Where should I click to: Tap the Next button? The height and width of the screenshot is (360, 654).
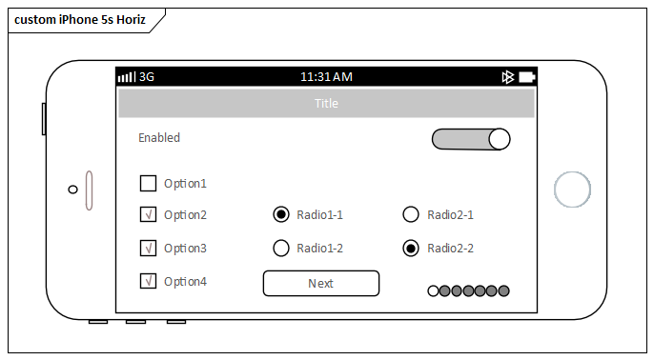[320, 283]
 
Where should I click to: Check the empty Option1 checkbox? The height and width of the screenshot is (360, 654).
[148, 183]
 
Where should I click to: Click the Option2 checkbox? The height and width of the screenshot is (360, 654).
[148, 214]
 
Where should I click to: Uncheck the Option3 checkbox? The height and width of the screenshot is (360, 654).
[148, 248]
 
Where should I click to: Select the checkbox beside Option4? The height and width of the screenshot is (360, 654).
[148, 281]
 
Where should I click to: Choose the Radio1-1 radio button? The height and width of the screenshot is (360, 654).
[281, 214]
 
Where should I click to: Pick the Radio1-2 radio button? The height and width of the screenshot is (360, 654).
[281, 248]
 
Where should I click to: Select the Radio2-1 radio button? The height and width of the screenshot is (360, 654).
[411, 214]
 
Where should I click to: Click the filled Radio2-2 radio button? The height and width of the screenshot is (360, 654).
[411, 248]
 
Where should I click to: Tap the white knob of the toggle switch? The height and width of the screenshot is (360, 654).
[500, 139]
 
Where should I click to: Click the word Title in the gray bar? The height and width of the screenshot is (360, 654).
[326, 103]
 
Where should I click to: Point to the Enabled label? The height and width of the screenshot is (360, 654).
[159, 137]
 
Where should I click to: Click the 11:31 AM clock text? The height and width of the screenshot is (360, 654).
[326, 76]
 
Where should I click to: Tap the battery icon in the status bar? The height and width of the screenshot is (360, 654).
[526, 76]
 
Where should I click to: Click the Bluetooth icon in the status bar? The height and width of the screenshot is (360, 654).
[508, 76]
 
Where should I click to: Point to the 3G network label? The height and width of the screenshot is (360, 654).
[147, 76]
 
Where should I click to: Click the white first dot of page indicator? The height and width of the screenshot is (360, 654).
[434, 290]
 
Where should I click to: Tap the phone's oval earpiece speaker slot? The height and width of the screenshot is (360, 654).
[90, 190]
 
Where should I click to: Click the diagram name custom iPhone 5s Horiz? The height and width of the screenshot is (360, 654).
[80, 20]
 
